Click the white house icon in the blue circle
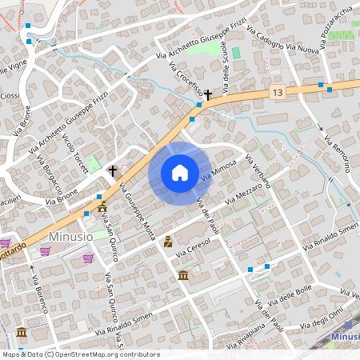tap(179, 173)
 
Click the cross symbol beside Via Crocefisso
tap(208, 94)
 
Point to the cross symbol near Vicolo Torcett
tap(113, 170)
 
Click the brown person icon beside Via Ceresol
tap(168, 241)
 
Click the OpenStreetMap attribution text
tap(80, 354)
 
